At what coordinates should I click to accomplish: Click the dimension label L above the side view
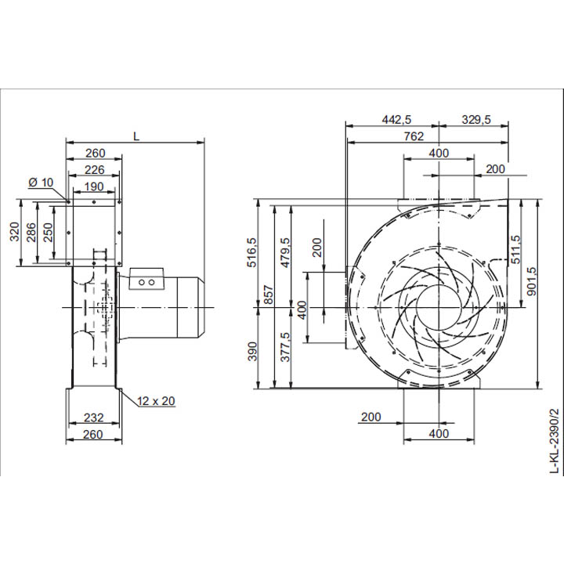[x=136, y=136]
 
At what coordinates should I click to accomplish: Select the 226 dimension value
[x=94, y=169]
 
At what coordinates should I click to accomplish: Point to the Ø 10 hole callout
[x=41, y=183]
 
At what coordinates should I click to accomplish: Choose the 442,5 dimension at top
[x=396, y=119]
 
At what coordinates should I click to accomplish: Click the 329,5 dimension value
[x=475, y=119]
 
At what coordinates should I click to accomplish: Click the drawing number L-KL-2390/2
[x=555, y=441]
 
